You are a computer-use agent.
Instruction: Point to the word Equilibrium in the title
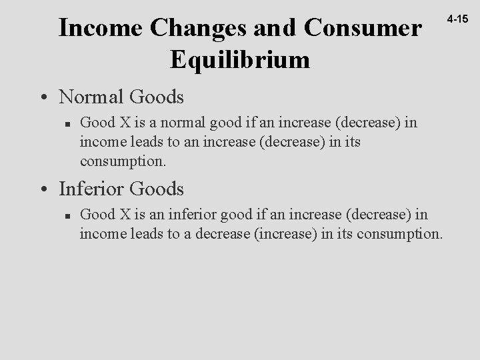tap(240, 60)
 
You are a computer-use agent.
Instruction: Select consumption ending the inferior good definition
tap(397, 233)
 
